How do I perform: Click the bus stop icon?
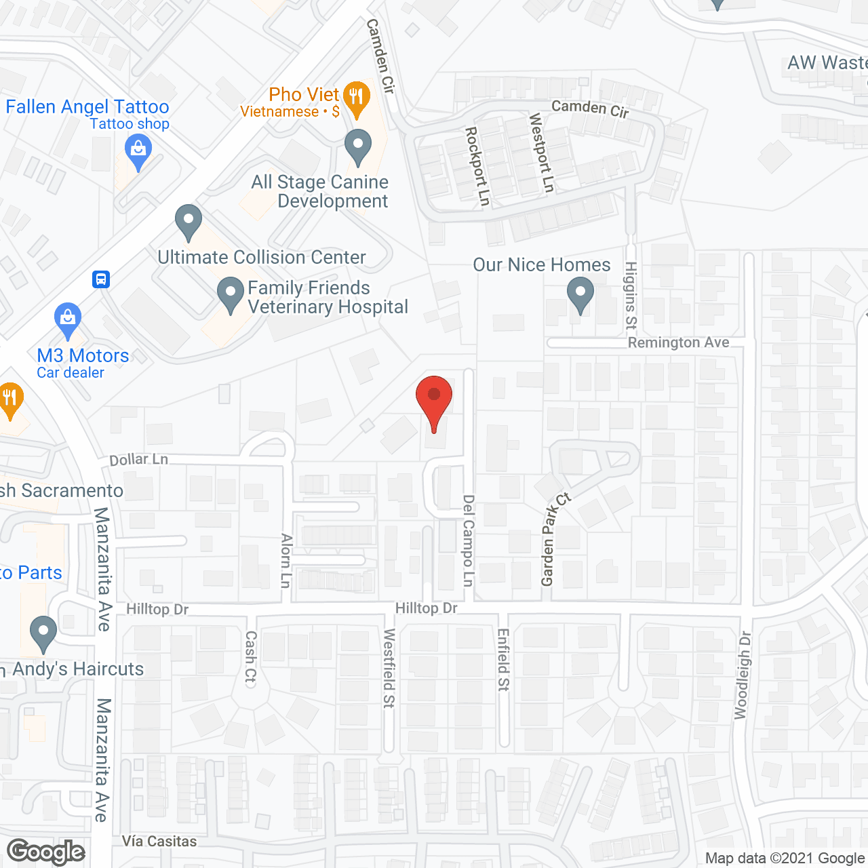101,279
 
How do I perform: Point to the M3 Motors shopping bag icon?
67,319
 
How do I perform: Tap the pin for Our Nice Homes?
580,296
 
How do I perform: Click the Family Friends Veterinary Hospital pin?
230,295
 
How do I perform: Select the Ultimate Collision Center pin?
188,221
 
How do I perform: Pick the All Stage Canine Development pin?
358,146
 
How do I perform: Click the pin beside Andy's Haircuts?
43,633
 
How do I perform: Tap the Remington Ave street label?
678,343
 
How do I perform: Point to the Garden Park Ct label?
554,540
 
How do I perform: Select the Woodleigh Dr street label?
743,675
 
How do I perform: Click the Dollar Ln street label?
138,460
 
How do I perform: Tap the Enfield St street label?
503,660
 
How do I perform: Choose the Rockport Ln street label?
477,166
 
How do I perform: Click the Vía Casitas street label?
159,842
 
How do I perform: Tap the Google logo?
46,852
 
